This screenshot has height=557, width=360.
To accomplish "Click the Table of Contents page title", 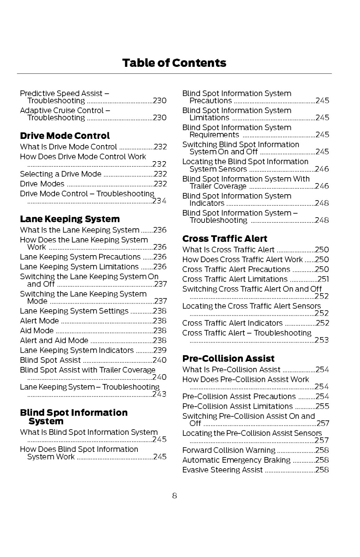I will (174, 63).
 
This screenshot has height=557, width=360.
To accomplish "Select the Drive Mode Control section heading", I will (65, 136).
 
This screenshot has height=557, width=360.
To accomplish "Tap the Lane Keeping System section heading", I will (70, 219).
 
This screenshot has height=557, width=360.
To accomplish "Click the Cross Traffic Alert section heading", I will (225, 239).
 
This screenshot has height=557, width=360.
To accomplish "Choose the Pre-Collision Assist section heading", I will (228, 359).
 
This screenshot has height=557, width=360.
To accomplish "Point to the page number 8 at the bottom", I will (174, 496).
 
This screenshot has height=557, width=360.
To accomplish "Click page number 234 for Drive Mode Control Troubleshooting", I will (160, 201).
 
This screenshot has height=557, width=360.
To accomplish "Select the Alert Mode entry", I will (39, 321).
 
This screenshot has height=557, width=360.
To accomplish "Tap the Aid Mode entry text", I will (37, 331).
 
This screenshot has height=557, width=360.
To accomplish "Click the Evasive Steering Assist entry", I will (222, 470).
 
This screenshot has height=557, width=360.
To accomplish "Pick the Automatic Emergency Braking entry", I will (236, 460).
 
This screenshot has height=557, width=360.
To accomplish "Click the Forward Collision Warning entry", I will (229, 450).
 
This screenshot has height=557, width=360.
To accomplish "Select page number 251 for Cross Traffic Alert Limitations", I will (323, 279).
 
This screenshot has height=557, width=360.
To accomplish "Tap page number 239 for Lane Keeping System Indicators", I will (160, 350).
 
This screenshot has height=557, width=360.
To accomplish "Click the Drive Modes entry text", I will (42, 184).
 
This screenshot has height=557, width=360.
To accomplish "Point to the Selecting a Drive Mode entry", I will (61, 174).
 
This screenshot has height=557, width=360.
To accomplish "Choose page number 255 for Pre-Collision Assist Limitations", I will (322, 406).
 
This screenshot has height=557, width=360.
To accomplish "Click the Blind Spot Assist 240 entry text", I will (50, 360).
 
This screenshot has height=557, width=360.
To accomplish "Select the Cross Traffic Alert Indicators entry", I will (232, 323).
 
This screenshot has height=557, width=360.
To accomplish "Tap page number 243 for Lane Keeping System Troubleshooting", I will (160, 394).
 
